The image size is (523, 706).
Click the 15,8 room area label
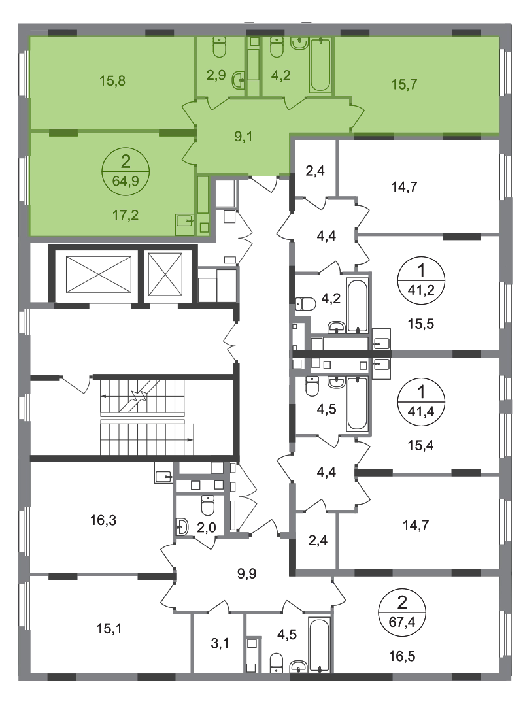112,82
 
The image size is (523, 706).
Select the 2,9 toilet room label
216,75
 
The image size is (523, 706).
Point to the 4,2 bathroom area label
280,75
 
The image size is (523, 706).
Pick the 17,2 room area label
124,212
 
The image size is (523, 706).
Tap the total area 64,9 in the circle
125,180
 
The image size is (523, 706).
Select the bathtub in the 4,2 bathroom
320,65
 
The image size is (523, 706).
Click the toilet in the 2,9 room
219,48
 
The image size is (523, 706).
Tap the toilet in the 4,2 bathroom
275,48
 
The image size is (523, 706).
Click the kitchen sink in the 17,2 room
184,222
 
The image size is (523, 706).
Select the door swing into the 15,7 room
356,116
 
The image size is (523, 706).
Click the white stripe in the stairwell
143,418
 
